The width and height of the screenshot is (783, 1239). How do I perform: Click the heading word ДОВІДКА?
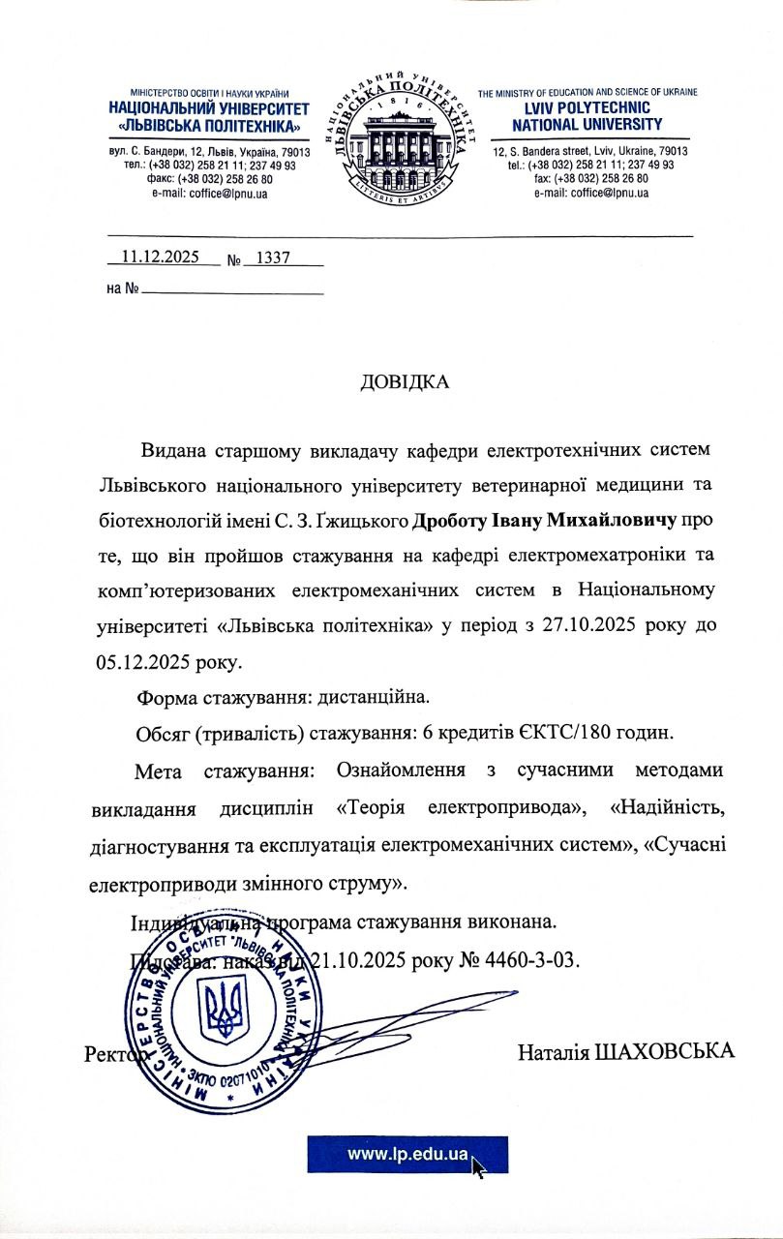[405, 381]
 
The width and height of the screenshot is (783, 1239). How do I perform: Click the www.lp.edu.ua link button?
[407, 1154]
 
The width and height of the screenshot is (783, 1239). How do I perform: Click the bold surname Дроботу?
[454, 521]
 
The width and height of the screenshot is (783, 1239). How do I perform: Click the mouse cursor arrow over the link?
[478, 1165]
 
